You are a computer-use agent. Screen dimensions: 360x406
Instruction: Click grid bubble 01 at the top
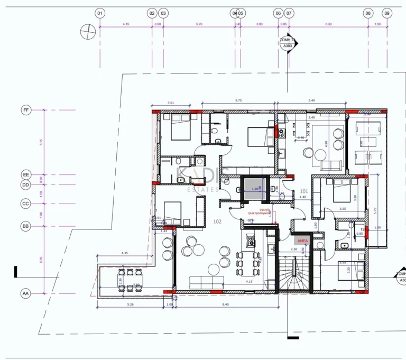100,13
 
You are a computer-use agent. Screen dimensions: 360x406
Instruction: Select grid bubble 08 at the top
368,13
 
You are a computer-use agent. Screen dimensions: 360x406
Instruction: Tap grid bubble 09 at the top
387,13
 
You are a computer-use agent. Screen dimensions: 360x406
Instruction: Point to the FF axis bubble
25,110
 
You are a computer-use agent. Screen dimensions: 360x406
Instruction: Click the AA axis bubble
25,292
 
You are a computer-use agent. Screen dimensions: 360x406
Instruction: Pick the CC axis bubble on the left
25,204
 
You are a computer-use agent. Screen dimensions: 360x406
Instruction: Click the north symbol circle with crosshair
86,32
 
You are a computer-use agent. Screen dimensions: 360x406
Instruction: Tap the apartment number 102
217,221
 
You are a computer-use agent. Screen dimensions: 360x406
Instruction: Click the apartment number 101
304,191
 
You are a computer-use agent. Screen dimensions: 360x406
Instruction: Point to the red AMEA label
302,241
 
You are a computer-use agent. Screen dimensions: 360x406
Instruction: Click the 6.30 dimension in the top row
328,24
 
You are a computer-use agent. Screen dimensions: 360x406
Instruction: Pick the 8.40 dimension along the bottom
225,304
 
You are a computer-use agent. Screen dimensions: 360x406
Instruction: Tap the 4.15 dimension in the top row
126,24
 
